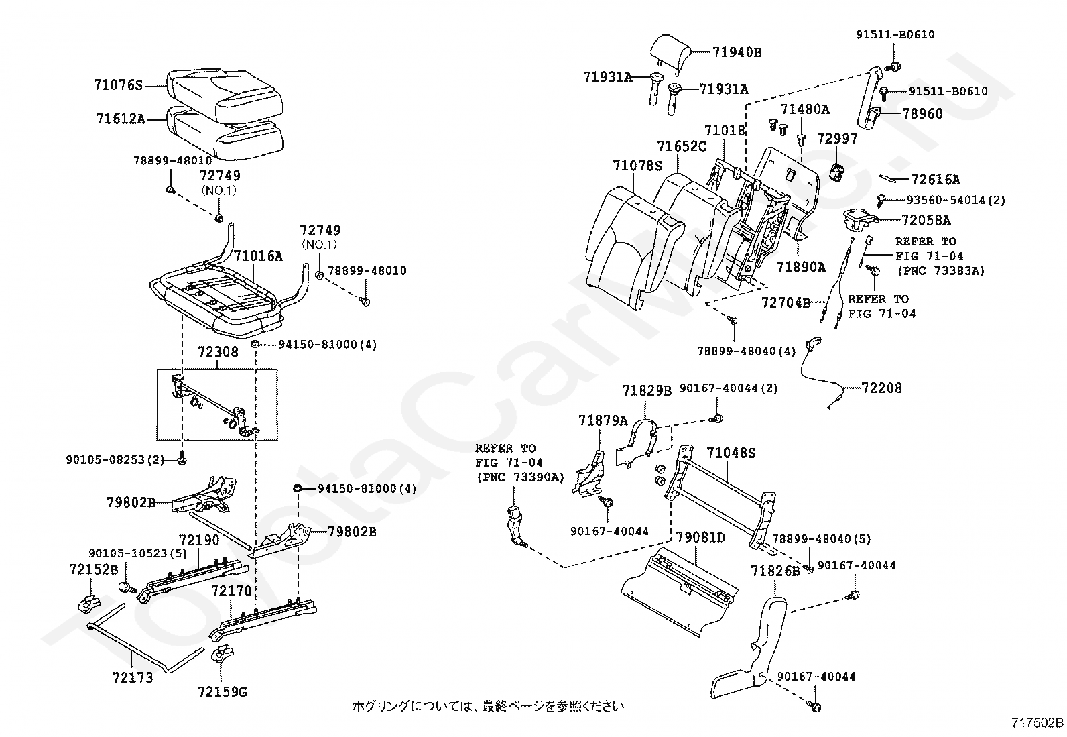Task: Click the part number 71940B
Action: point(737,52)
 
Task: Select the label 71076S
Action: point(119,85)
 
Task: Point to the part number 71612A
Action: point(120,119)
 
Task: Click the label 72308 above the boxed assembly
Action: point(217,352)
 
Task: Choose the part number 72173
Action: point(133,678)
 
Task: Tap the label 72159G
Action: point(223,691)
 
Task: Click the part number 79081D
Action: point(700,537)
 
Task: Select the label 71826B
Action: point(775,571)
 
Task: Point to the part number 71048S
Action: point(731,453)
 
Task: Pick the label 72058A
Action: point(926,220)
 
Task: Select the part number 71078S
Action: point(637,165)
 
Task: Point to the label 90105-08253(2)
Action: point(115,460)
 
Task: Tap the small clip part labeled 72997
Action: point(836,172)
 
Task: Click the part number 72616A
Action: point(936,180)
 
